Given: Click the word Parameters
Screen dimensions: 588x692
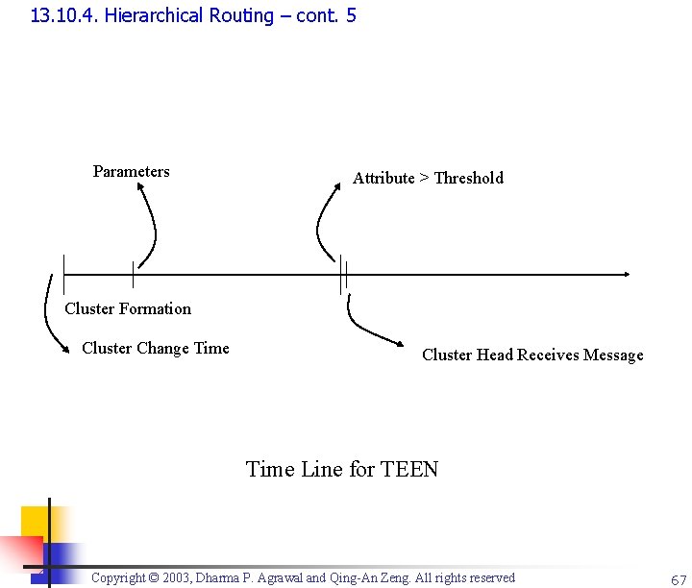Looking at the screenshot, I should click(x=131, y=172).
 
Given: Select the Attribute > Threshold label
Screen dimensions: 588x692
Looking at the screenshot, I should click(x=428, y=178).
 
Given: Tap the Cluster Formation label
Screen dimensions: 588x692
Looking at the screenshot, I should click(x=128, y=308).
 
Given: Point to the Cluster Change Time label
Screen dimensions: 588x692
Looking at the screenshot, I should click(x=156, y=348).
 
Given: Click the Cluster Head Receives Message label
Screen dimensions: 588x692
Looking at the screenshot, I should click(x=532, y=355).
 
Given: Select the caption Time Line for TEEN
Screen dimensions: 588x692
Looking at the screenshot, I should click(x=342, y=469).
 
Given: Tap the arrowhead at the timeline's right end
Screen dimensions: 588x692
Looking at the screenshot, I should click(x=627, y=274).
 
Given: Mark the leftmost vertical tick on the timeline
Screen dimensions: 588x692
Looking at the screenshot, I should click(x=63, y=274).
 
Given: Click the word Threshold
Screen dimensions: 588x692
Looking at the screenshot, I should click(x=468, y=178).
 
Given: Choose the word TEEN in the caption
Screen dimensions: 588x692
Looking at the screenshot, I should click(x=409, y=469).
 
